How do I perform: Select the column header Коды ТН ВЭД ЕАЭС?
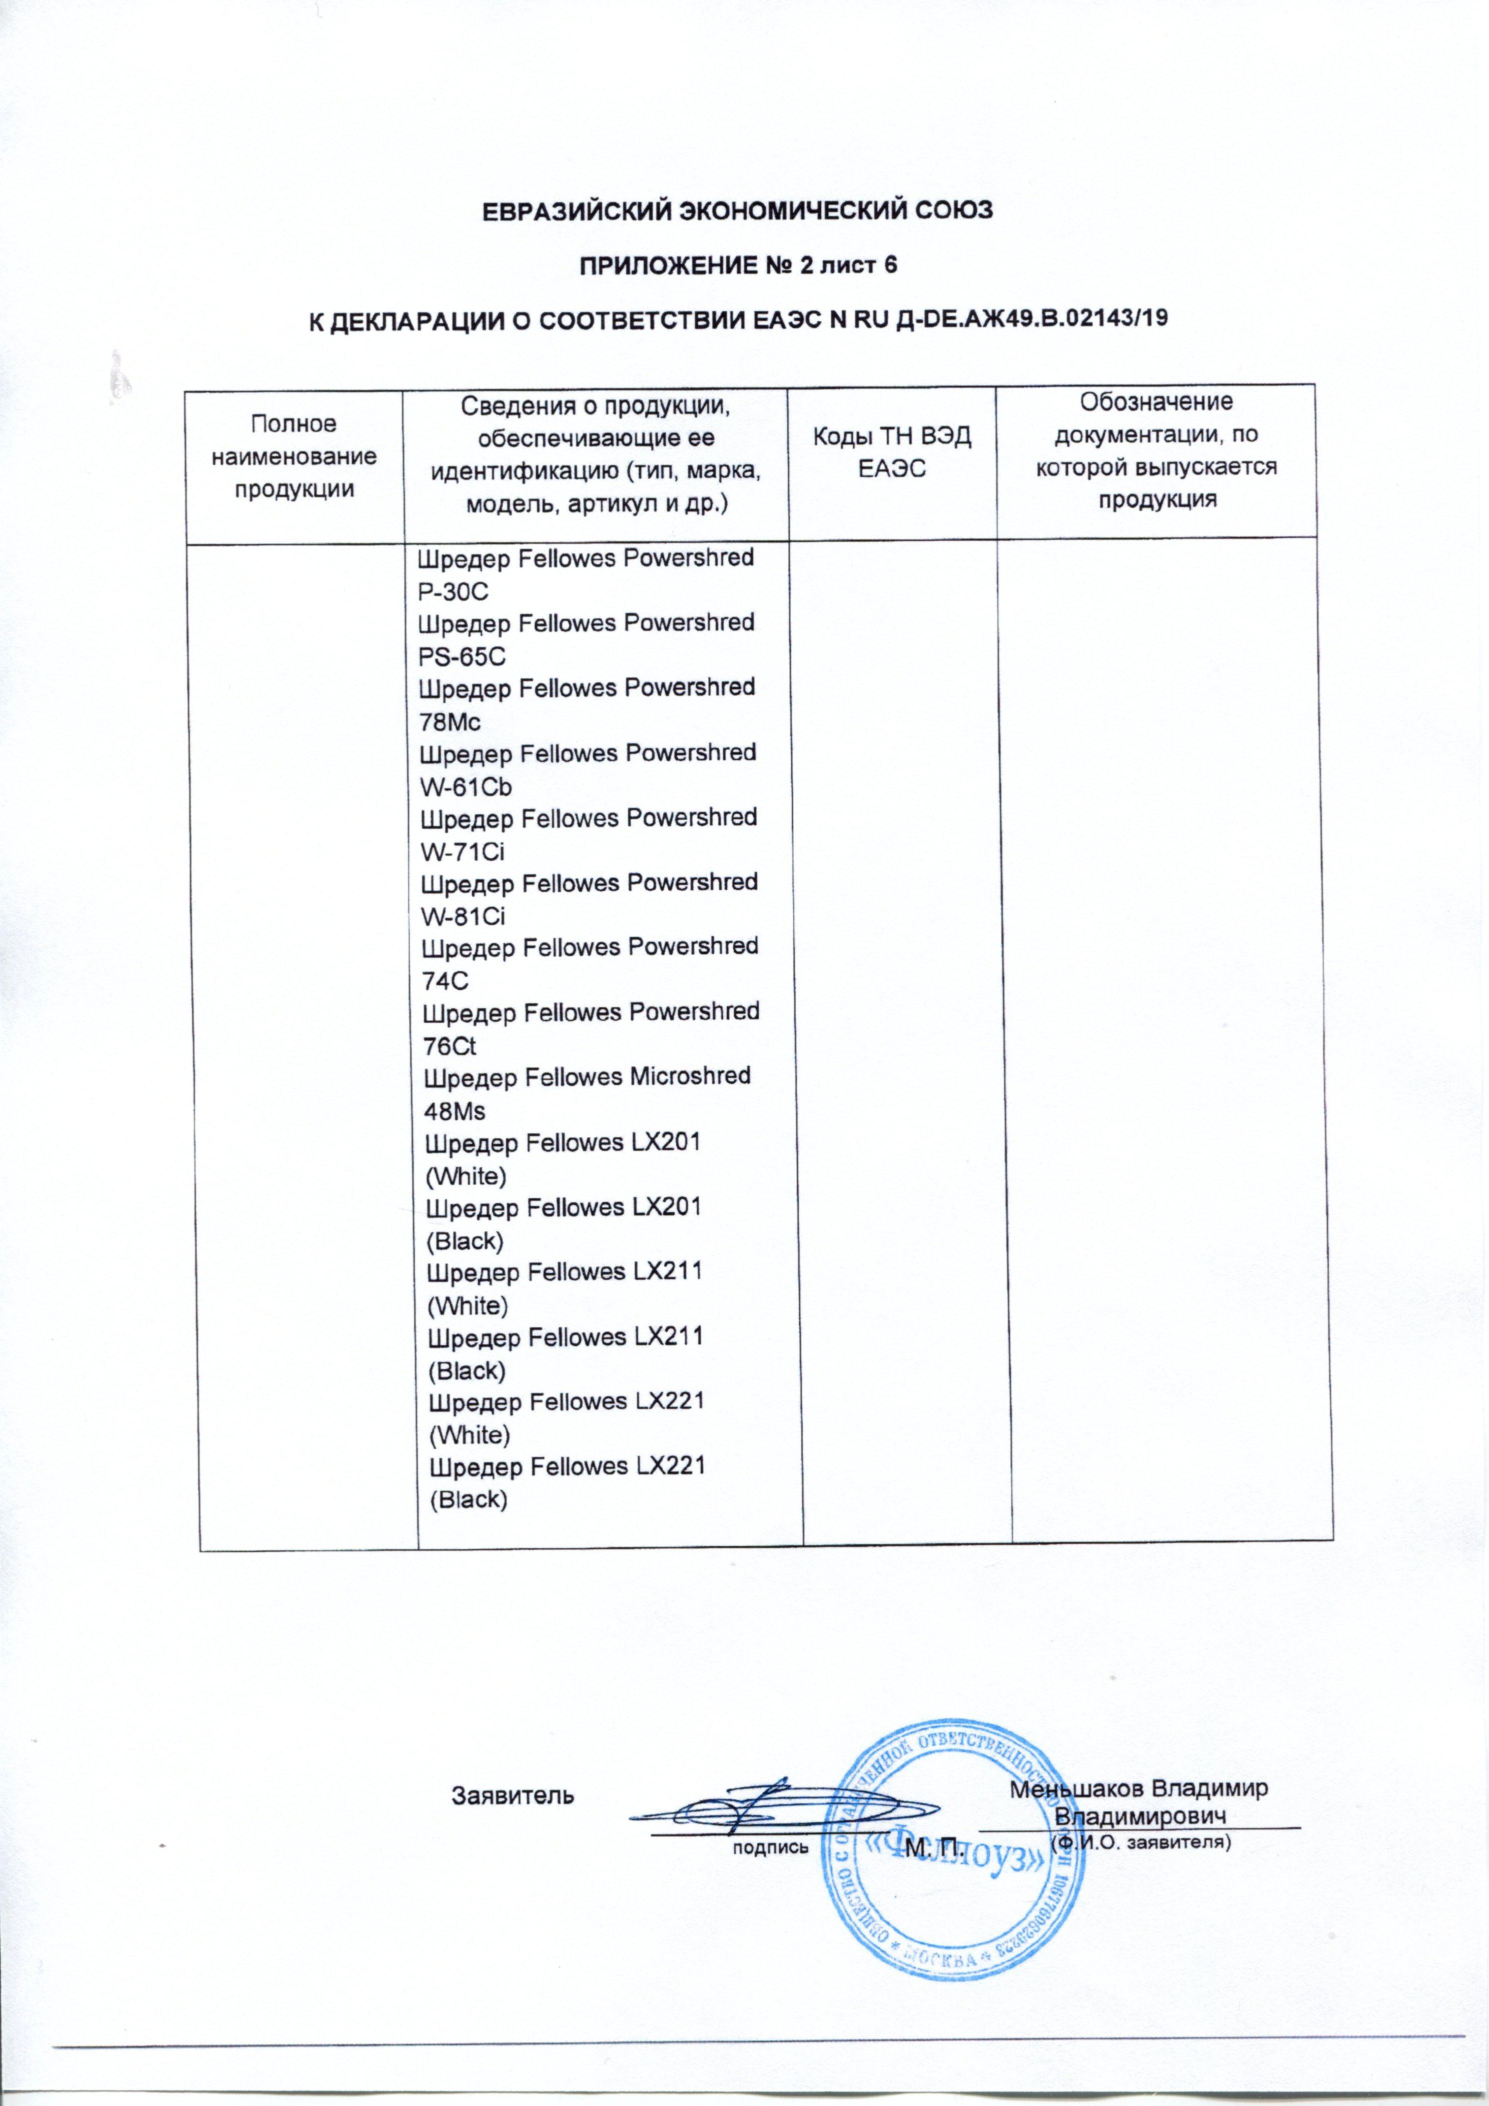coord(893,452)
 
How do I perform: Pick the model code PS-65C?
coord(462,657)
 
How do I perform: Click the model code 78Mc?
coord(450,722)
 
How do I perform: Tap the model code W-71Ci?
coord(462,852)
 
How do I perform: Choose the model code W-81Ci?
coord(463,916)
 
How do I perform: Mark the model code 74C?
coord(445,981)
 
